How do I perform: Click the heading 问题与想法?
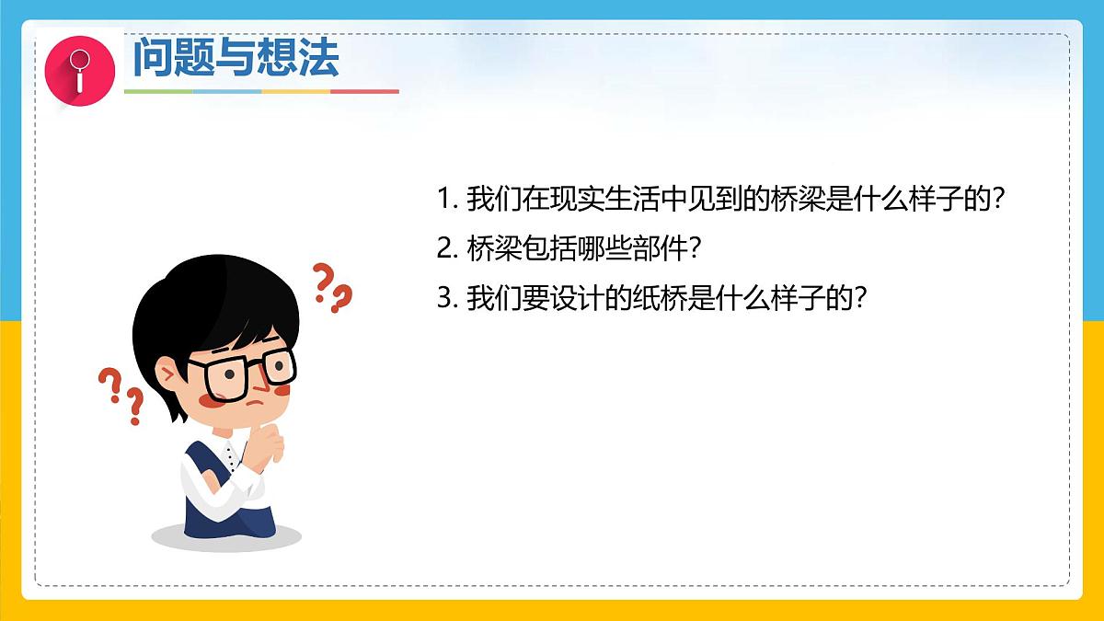236,58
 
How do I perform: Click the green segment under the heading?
158,91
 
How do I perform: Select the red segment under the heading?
364,91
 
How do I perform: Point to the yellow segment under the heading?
295,91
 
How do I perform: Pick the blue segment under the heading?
227,91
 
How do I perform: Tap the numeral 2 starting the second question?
444,248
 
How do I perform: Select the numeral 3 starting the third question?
444,298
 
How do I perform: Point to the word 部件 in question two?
662,248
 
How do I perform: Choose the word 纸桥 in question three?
662,298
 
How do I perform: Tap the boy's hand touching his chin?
271,442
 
